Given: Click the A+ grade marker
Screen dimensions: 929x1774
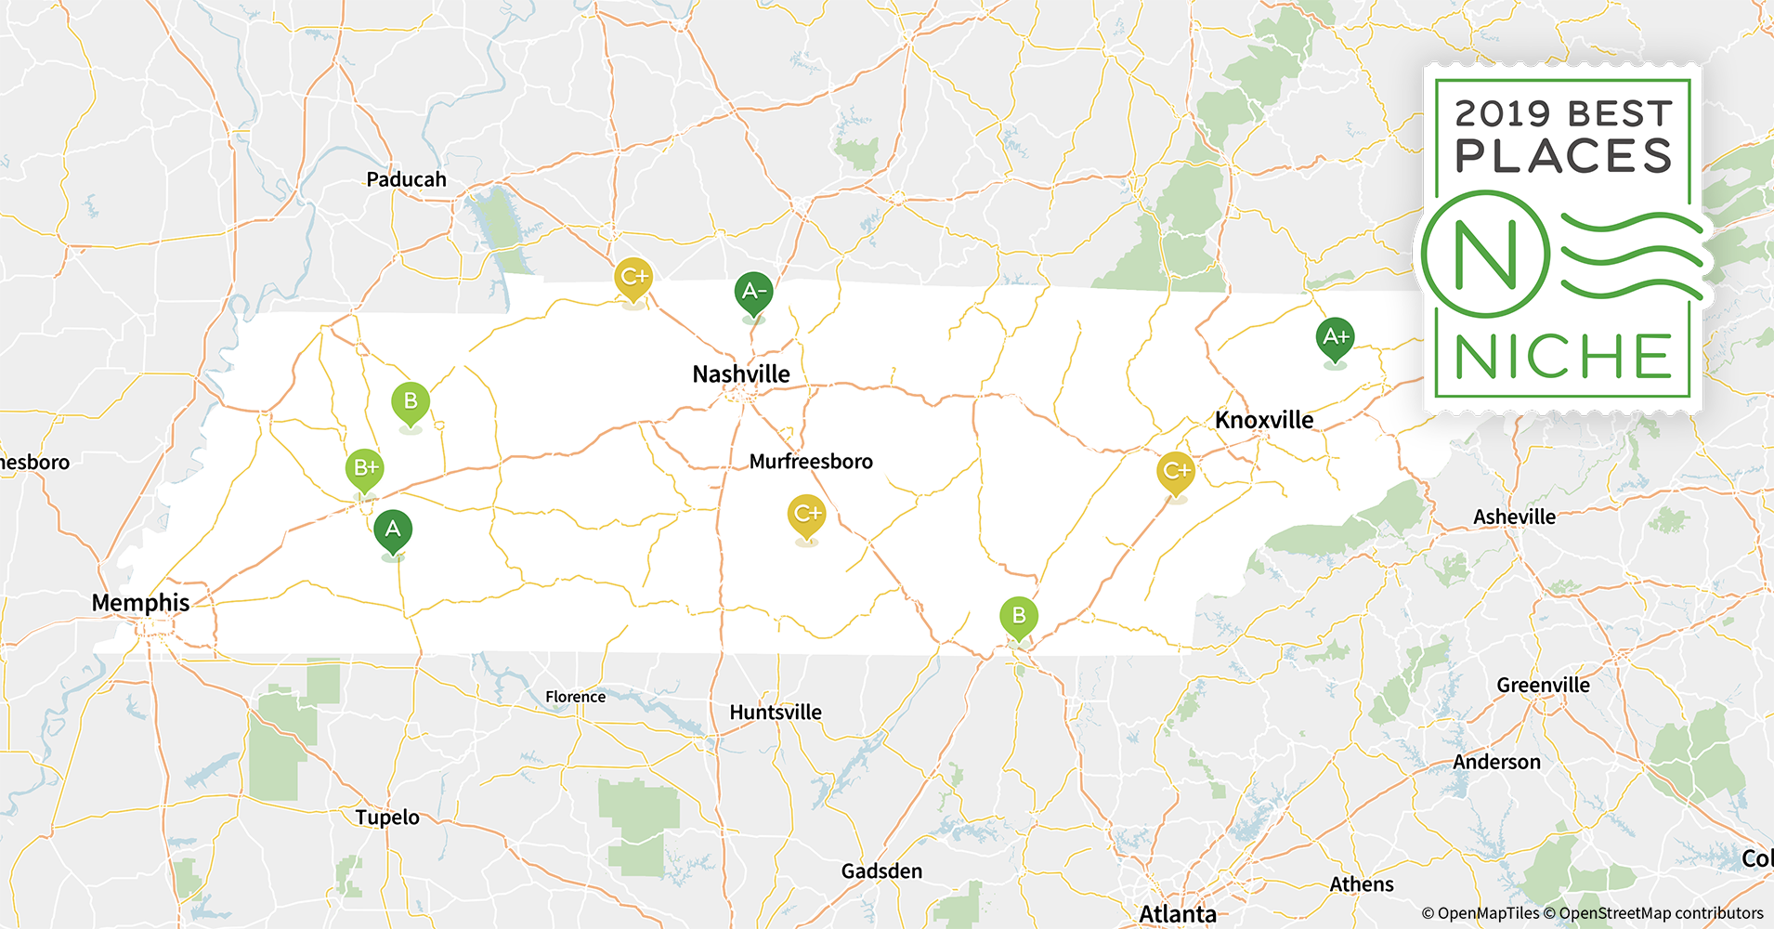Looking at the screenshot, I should tap(1335, 337).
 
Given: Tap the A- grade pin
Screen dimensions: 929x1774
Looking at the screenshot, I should tap(753, 292).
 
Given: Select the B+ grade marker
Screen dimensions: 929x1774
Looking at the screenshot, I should tap(364, 468).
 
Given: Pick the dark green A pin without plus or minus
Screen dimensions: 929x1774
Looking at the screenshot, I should tap(393, 530).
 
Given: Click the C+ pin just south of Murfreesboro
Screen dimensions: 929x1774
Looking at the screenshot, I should tap(806, 514).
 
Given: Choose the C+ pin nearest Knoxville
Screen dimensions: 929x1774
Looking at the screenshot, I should tap(1175, 471).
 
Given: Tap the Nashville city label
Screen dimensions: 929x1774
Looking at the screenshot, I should tap(741, 374).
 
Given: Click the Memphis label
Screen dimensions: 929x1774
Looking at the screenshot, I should tap(140, 603).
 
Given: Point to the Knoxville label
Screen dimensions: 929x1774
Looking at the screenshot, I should tap(1264, 420).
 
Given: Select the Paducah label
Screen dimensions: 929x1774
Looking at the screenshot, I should tap(406, 179).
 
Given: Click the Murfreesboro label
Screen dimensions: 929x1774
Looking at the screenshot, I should tap(811, 462).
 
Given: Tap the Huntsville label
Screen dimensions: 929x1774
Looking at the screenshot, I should tap(776, 713).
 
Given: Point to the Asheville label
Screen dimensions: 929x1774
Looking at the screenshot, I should tap(1514, 517).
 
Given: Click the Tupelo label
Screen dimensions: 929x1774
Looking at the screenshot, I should tap(387, 818).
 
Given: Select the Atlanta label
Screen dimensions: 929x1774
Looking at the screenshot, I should tap(1178, 914).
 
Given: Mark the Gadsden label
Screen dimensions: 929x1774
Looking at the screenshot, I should tap(881, 871).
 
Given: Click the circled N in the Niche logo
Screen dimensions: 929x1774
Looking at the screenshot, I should tap(1485, 254).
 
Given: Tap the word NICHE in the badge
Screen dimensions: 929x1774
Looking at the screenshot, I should tap(1563, 357).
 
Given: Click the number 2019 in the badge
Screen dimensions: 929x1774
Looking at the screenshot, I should tap(1502, 114).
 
